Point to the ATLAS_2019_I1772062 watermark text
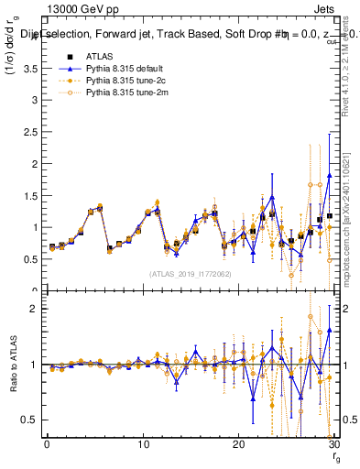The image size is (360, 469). (191, 273)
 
